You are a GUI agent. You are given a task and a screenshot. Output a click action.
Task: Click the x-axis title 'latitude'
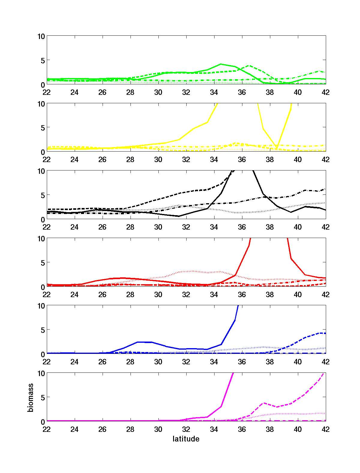[186, 439]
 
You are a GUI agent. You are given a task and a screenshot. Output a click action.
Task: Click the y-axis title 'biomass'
[31, 398]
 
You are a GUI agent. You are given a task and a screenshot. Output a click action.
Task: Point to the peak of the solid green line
[221, 64]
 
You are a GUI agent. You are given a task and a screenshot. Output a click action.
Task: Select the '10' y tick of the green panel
[41, 36]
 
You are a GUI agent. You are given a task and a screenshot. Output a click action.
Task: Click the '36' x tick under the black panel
[242, 227]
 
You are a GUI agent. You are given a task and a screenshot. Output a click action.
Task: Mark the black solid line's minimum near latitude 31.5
[179, 216]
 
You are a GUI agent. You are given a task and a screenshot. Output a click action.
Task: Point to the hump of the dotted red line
[193, 271]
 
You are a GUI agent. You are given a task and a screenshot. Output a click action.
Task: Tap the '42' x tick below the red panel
[325, 294]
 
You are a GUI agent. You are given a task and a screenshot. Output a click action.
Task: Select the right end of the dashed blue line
[325, 333]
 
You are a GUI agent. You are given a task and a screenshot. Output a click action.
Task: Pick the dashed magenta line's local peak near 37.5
[263, 403]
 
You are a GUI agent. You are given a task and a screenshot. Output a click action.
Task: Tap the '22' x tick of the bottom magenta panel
[46, 429]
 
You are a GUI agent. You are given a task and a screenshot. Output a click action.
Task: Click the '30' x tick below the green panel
[158, 92]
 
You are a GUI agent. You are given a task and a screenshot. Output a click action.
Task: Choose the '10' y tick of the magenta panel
[41, 373]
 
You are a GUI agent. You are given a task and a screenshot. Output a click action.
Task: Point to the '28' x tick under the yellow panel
[130, 159]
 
